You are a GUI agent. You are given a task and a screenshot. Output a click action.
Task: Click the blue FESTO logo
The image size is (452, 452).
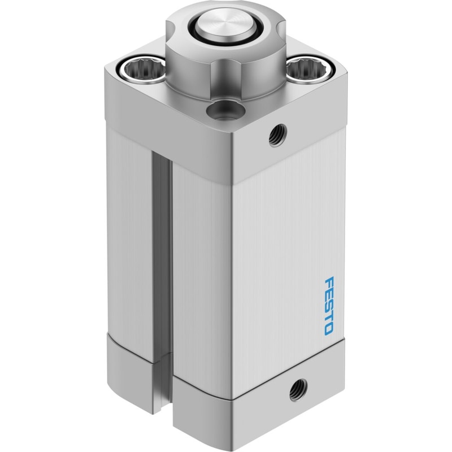tap(329, 306)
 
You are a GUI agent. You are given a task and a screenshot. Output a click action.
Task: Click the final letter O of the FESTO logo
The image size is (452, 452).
tap(328, 330)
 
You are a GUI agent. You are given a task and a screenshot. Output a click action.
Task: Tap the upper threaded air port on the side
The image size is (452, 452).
tap(277, 135)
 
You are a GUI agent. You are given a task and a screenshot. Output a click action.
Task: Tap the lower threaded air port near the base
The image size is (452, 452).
tap(298, 390)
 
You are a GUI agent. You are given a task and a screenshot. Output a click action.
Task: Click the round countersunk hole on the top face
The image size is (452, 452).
tap(225, 110)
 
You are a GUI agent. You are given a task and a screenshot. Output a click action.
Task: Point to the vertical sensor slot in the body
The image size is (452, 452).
tap(162, 254)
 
